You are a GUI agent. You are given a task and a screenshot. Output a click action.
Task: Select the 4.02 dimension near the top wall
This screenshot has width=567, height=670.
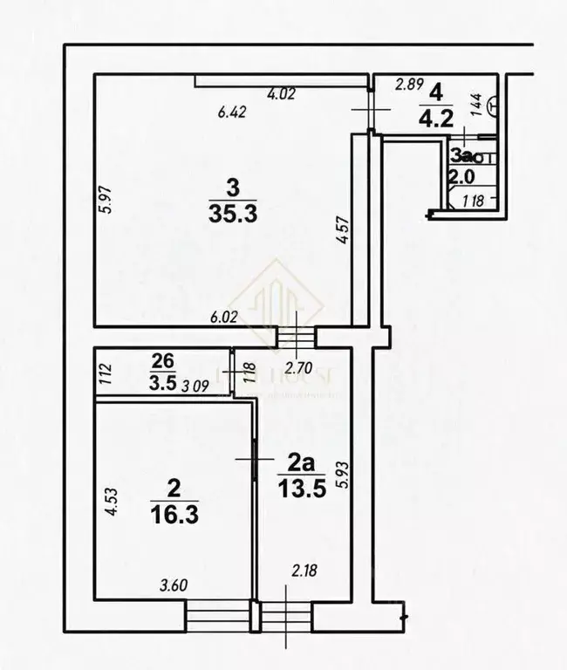point(282,92)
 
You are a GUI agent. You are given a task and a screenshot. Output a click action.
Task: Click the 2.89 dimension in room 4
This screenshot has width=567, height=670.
point(409,85)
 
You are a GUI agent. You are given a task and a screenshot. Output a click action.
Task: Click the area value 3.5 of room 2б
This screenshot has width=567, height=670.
point(162,380)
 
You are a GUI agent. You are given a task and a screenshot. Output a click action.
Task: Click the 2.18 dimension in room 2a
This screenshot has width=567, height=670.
point(304,571)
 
